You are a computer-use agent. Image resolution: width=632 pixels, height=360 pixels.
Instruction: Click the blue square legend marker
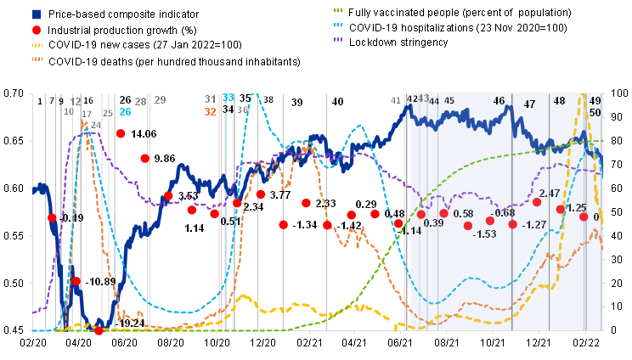37,14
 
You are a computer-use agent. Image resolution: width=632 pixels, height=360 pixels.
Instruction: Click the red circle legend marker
37,31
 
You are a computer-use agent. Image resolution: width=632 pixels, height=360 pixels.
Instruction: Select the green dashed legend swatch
337,10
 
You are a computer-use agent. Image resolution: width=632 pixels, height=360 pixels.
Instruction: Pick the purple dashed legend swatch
337,39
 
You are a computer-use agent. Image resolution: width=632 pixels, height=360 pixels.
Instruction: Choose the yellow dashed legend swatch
37,45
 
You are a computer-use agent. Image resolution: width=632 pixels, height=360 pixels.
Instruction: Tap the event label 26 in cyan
125,112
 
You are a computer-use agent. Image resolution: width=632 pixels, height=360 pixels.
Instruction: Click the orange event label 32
210,112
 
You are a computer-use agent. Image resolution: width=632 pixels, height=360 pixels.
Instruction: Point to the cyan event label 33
228,98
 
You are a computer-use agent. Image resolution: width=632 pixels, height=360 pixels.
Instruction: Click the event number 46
499,101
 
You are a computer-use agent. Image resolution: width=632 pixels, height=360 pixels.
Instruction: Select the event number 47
529,104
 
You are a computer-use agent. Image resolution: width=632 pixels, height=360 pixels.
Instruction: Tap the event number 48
559,101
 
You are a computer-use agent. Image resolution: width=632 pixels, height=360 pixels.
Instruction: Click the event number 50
595,113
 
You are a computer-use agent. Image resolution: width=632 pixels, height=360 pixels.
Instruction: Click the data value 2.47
550,194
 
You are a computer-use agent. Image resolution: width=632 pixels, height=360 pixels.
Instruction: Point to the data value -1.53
485,234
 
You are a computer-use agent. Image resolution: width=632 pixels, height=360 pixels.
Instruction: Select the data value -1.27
534,225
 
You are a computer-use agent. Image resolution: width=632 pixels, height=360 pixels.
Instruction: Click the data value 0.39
433,223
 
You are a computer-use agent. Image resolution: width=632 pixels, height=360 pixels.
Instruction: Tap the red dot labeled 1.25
560,209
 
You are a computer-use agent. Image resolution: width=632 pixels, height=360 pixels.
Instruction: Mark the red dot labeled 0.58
443,213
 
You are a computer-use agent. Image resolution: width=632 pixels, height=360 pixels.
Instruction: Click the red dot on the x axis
99,330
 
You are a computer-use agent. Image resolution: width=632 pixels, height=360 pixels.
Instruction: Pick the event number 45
449,101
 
